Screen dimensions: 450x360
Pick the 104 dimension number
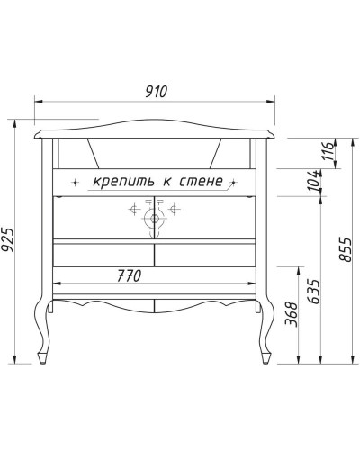coord(311,180)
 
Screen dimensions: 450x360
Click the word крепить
coord(122,182)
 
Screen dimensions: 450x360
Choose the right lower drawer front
coord(205,255)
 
